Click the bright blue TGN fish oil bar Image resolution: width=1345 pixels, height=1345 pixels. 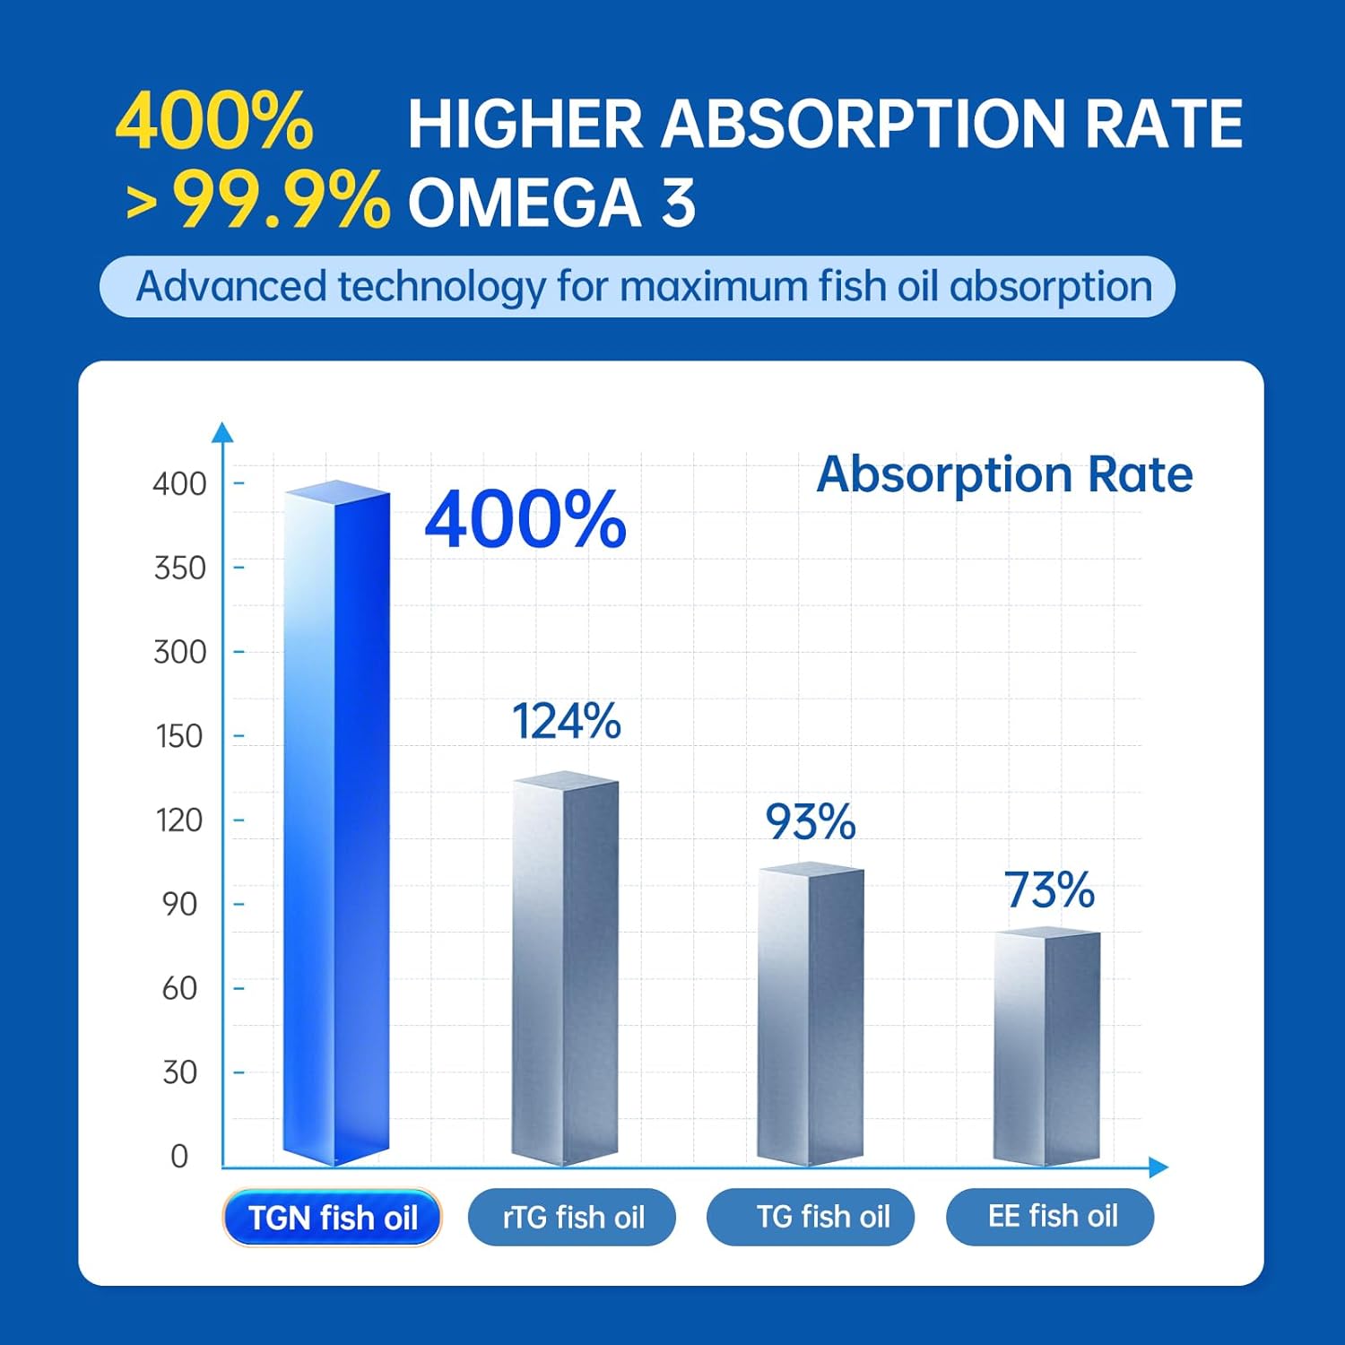click(336, 825)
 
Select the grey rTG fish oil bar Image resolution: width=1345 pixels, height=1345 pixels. click(565, 968)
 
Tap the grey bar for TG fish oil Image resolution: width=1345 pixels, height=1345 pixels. click(811, 1013)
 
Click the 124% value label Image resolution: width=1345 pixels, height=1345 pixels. click(566, 722)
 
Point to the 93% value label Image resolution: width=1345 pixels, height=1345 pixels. click(810, 821)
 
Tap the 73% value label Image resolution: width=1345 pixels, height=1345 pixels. click(1049, 890)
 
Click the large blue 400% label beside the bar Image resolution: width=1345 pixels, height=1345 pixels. click(525, 519)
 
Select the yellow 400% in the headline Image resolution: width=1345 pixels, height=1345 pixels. click(214, 123)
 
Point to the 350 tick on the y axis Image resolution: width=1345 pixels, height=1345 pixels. click(179, 568)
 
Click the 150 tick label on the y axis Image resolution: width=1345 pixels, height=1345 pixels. click(179, 736)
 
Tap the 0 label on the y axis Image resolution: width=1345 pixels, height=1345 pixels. click(179, 1156)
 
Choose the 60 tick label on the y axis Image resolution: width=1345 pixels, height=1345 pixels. click(179, 988)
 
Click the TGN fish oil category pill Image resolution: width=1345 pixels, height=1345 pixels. click(332, 1218)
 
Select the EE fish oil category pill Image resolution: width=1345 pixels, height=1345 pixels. click(1050, 1217)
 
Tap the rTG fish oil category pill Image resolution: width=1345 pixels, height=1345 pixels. click(572, 1217)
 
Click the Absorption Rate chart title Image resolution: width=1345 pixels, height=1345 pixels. click(1004, 474)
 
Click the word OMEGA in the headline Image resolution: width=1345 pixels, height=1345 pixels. click(525, 203)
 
